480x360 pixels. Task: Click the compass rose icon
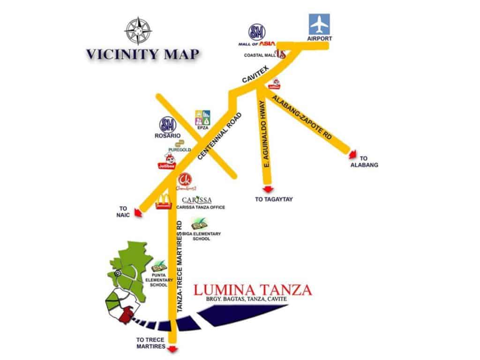(137, 30)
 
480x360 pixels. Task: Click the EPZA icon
(202, 118)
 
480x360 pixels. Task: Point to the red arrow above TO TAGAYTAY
(268, 189)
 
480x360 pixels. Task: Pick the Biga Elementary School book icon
(198, 224)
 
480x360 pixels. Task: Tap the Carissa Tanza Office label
(203, 207)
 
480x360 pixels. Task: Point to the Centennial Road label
(220, 136)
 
